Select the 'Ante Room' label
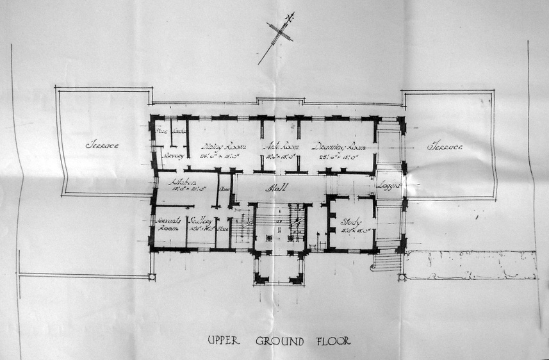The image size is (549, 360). (279, 146)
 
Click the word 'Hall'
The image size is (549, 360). (277, 187)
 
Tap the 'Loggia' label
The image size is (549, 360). (388, 185)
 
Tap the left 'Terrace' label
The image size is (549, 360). (102, 145)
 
